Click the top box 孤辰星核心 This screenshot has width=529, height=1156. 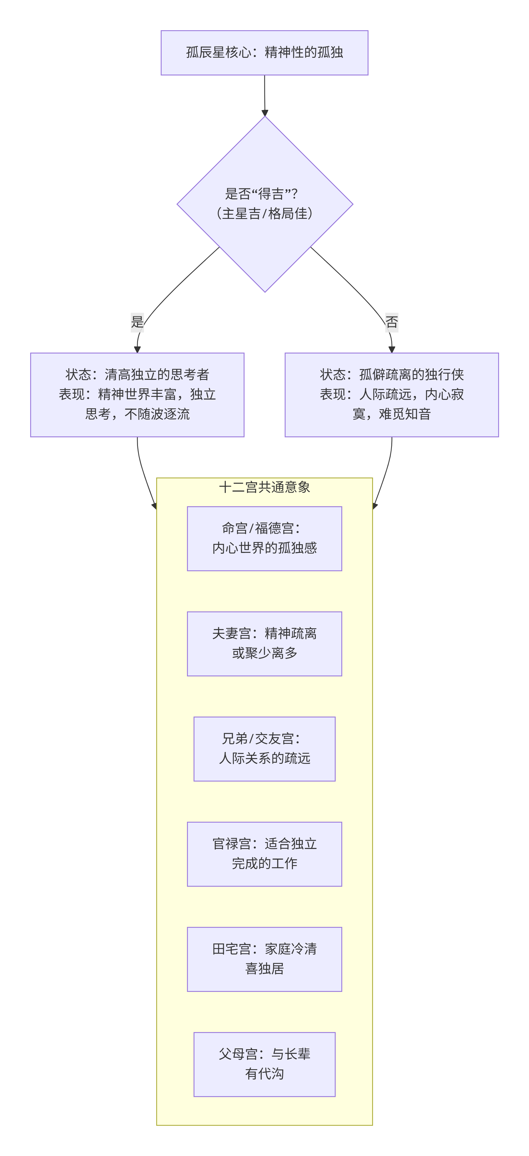(x=264, y=53)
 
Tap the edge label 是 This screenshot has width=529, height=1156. (x=137, y=322)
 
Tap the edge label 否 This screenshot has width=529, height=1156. (x=391, y=322)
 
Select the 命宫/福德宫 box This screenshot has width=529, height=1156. (x=264, y=538)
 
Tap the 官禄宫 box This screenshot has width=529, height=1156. (x=264, y=854)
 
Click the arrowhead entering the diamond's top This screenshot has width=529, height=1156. (x=264, y=113)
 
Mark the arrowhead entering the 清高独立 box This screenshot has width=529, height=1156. (x=137, y=349)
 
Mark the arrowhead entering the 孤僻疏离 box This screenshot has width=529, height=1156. (x=391, y=349)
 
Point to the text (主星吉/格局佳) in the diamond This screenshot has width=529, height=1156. (x=264, y=214)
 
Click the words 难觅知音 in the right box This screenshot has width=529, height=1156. (x=405, y=414)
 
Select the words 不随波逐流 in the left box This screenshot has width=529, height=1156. (x=157, y=414)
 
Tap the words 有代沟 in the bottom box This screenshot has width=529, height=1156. (x=264, y=1074)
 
